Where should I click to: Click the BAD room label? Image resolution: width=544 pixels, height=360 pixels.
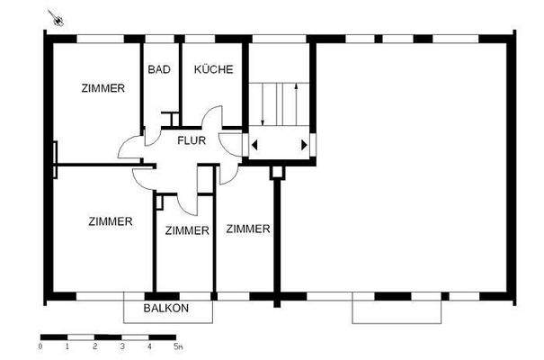(x=158, y=69)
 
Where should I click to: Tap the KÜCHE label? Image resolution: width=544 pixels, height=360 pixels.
(x=213, y=69)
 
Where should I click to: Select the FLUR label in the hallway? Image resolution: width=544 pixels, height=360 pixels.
(x=191, y=140)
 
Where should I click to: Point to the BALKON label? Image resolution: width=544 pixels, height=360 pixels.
(x=166, y=309)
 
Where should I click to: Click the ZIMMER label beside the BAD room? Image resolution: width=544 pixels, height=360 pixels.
(x=103, y=88)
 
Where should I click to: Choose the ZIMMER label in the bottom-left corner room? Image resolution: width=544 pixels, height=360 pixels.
(x=111, y=221)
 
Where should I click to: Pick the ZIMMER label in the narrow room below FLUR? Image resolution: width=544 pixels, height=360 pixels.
(x=187, y=230)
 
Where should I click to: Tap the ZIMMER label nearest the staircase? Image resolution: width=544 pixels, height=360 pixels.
(x=248, y=229)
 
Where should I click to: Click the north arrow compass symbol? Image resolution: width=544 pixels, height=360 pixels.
(x=58, y=17)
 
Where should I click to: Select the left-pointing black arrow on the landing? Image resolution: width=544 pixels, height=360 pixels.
(x=256, y=144)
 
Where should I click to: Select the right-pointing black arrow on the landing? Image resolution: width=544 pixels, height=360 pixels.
(x=305, y=144)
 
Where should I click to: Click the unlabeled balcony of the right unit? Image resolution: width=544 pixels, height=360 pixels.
(x=398, y=310)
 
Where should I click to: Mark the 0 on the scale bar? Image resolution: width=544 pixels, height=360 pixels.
(x=40, y=346)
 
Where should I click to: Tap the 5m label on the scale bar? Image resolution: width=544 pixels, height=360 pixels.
(x=178, y=346)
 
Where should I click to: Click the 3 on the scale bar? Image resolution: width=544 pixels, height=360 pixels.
(x=121, y=346)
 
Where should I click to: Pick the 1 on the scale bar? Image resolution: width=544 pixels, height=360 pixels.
(x=67, y=346)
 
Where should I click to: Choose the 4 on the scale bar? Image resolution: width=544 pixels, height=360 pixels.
(x=149, y=346)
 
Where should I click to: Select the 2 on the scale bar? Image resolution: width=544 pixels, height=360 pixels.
(x=94, y=346)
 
